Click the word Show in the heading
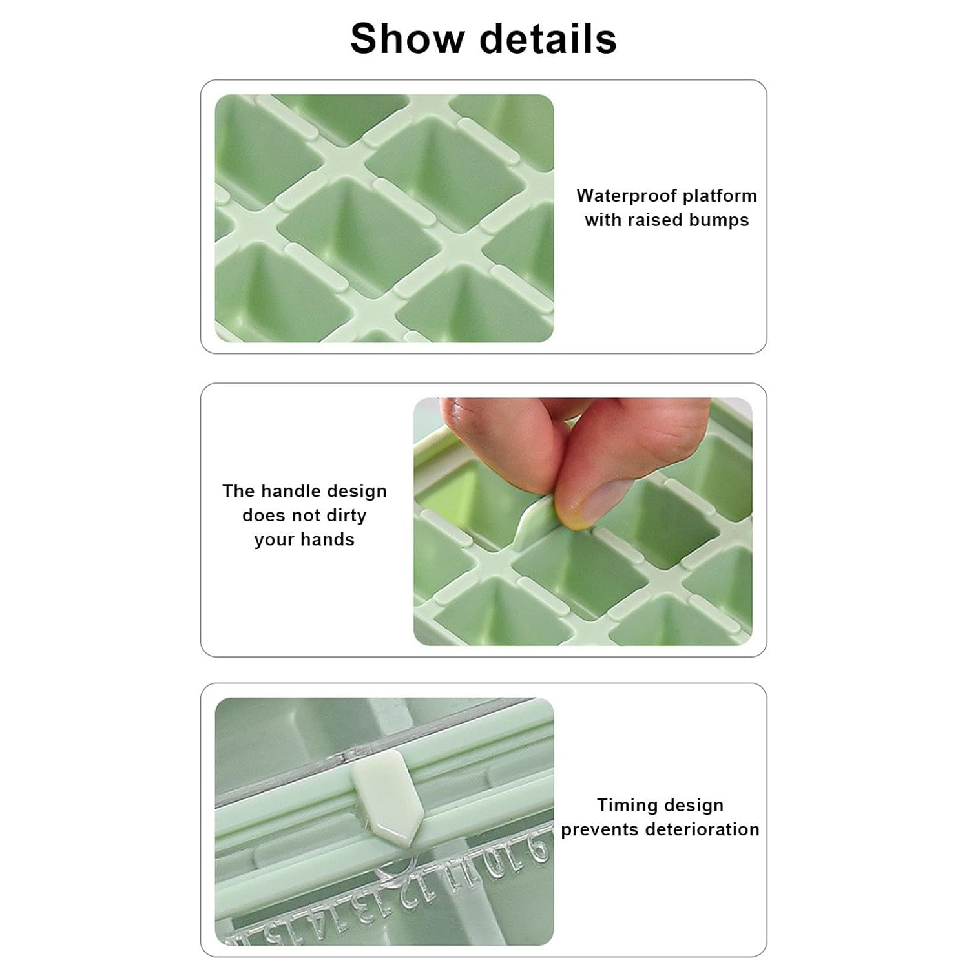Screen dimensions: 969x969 click(x=408, y=38)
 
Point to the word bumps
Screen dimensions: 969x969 click(x=718, y=220)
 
